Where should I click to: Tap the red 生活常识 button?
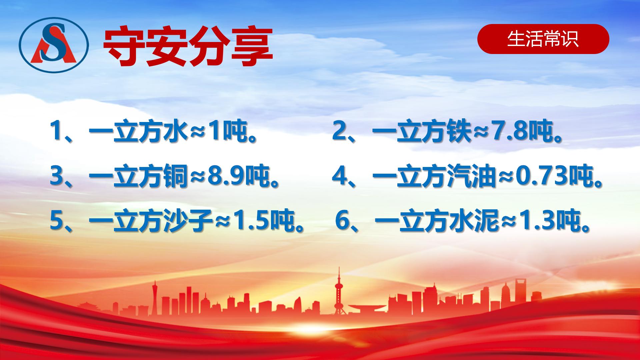pyautogui.click(x=543, y=39)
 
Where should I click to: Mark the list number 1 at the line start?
pyautogui.click(x=55, y=132)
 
